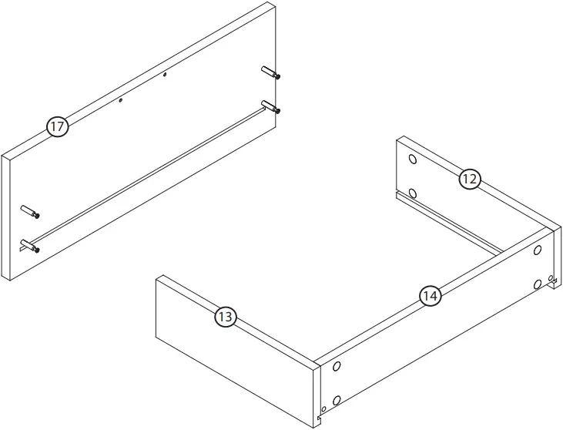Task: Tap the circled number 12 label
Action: click(x=470, y=180)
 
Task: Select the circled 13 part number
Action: click(x=225, y=316)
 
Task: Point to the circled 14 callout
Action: click(x=430, y=295)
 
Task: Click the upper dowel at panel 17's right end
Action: click(x=271, y=74)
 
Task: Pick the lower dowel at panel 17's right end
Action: click(x=271, y=106)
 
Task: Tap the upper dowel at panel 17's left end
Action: click(x=30, y=211)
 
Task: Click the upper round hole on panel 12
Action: click(x=413, y=161)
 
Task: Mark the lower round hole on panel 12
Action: click(x=413, y=193)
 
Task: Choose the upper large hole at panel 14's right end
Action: click(x=538, y=251)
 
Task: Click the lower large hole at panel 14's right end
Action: click(x=538, y=284)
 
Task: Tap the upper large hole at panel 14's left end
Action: click(x=336, y=368)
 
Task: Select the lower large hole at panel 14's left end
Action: click(x=336, y=400)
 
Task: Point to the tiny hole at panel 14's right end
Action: click(x=550, y=277)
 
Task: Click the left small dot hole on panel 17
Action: click(x=121, y=99)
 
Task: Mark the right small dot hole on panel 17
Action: click(x=165, y=75)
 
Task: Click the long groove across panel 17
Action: click(x=146, y=173)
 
